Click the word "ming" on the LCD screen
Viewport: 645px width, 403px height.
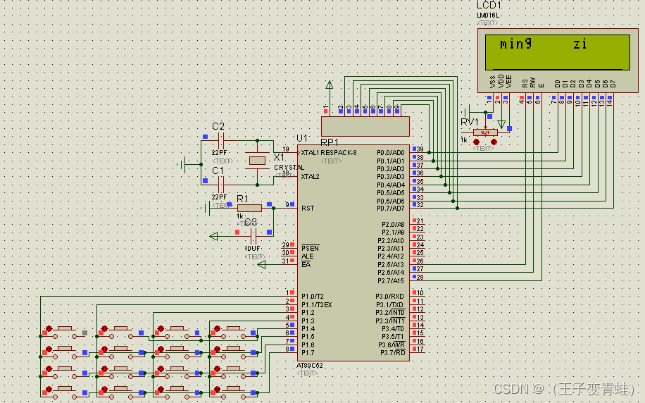515,44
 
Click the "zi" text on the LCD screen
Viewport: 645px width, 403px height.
580,44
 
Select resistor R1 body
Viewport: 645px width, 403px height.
249,208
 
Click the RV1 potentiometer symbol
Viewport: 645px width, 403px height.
484,132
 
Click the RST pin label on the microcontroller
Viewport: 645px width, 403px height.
308,209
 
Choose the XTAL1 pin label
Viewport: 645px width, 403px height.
311,152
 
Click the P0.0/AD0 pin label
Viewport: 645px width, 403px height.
391,152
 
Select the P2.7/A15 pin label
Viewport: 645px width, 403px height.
392,280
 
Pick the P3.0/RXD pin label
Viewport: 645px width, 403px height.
392,296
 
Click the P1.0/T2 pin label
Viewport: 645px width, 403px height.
313,296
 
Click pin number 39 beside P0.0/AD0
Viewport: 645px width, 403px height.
420,149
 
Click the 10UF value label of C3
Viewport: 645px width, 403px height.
252,249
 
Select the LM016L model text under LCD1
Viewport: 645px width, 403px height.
487,15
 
